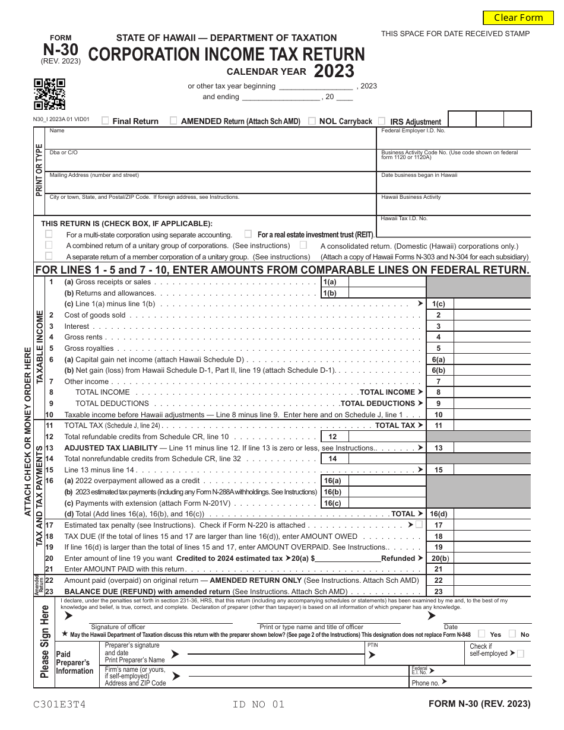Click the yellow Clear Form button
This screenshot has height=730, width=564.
click(518, 18)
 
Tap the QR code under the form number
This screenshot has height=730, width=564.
click(49, 94)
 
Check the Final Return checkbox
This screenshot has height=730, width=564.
click(105, 120)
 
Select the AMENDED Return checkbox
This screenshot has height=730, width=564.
click(173, 120)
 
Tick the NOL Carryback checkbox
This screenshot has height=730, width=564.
click(312, 120)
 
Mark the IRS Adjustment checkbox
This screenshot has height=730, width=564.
click(382, 120)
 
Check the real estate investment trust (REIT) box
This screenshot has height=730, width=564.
click(248, 234)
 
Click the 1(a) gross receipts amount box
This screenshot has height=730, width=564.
click(386, 282)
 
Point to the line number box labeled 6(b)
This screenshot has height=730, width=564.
click(439, 370)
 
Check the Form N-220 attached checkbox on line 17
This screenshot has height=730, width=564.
click(419, 525)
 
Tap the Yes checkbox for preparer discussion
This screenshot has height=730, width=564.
click(481, 634)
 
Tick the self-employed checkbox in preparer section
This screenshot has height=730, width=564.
click(521, 653)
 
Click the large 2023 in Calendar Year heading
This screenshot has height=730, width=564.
click(334, 71)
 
